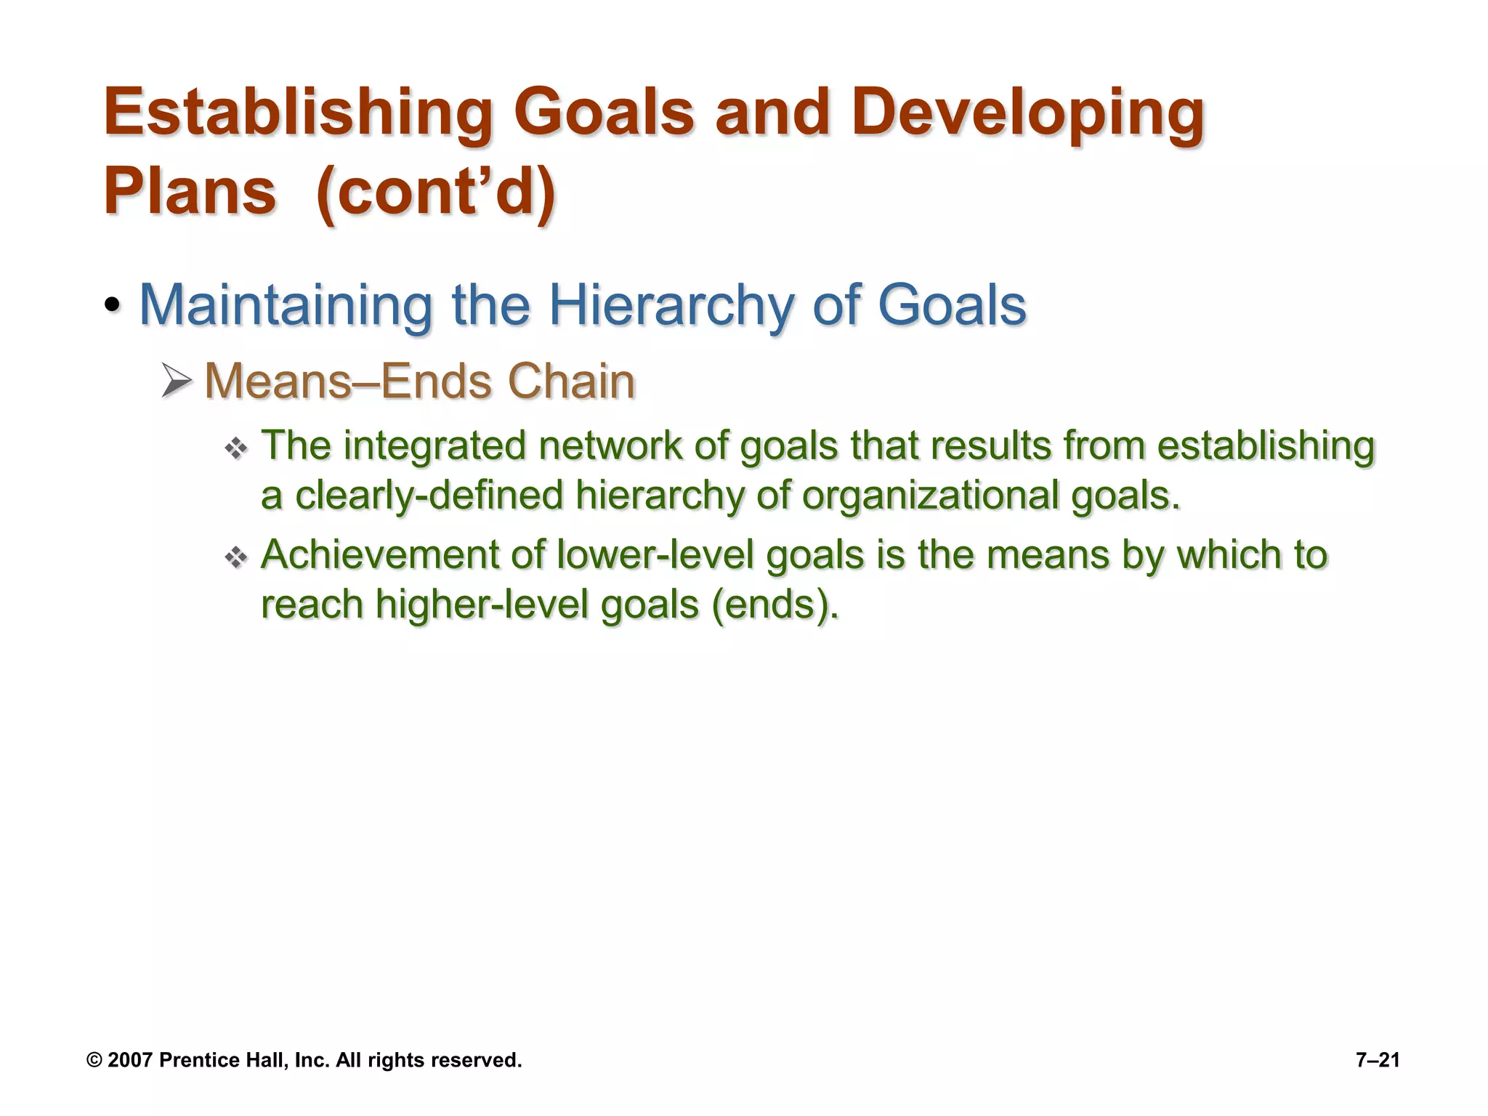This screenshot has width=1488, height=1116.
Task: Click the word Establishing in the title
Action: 299,113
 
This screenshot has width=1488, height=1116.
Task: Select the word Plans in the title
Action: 190,191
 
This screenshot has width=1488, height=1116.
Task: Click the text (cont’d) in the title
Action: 437,191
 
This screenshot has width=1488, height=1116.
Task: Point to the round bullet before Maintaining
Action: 112,305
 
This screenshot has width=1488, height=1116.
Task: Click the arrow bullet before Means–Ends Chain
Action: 177,381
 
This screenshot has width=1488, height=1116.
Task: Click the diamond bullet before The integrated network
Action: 236,448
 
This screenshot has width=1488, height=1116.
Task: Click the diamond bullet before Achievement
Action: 236,558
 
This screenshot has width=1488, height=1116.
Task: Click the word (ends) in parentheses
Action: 775,604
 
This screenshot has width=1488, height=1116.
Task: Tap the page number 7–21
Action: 1378,1060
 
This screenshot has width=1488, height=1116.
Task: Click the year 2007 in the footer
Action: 130,1060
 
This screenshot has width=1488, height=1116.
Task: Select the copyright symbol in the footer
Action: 94,1060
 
